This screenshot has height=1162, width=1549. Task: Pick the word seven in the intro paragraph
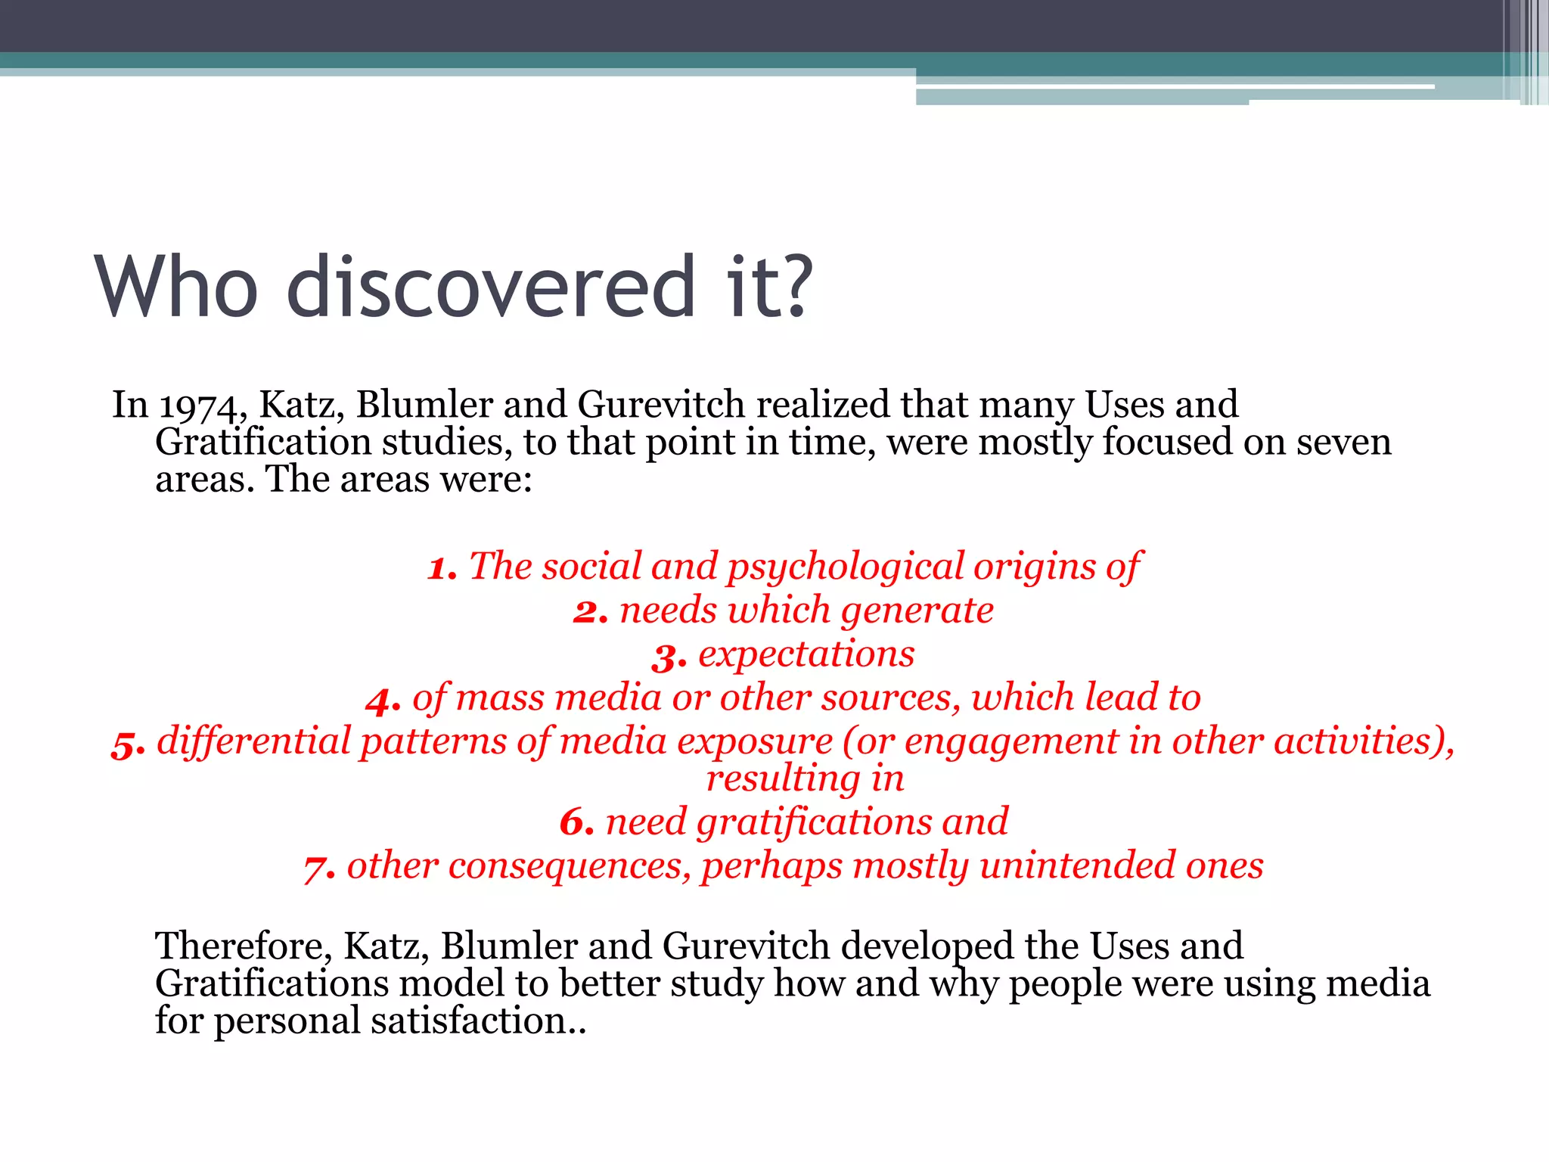[x=1343, y=442]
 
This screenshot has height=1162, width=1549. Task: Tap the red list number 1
[x=442, y=567]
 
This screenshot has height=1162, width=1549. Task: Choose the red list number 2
[x=590, y=611]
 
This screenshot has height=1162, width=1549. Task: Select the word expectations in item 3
[x=806, y=654]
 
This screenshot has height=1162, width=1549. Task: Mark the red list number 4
[x=382, y=700]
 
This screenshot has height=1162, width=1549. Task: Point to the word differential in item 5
[x=254, y=741]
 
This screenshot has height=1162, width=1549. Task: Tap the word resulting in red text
[x=783, y=779]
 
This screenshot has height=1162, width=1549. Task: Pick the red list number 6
[x=576, y=822]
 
